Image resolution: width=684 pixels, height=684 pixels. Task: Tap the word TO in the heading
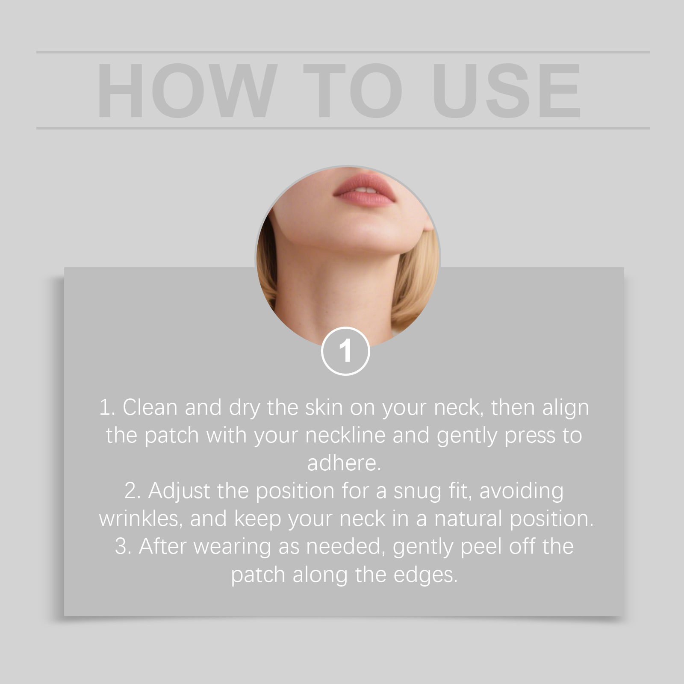[x=353, y=91]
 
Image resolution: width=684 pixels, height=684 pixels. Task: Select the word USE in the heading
[x=507, y=91]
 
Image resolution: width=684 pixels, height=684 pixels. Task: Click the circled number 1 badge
[x=345, y=351]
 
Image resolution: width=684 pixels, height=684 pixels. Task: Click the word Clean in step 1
[x=150, y=407]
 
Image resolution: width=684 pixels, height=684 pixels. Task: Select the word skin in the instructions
[x=324, y=407]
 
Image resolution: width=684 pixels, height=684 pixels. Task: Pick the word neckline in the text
[x=345, y=435]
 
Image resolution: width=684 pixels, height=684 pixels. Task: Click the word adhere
[x=344, y=463]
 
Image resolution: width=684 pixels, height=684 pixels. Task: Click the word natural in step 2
[x=468, y=519]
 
